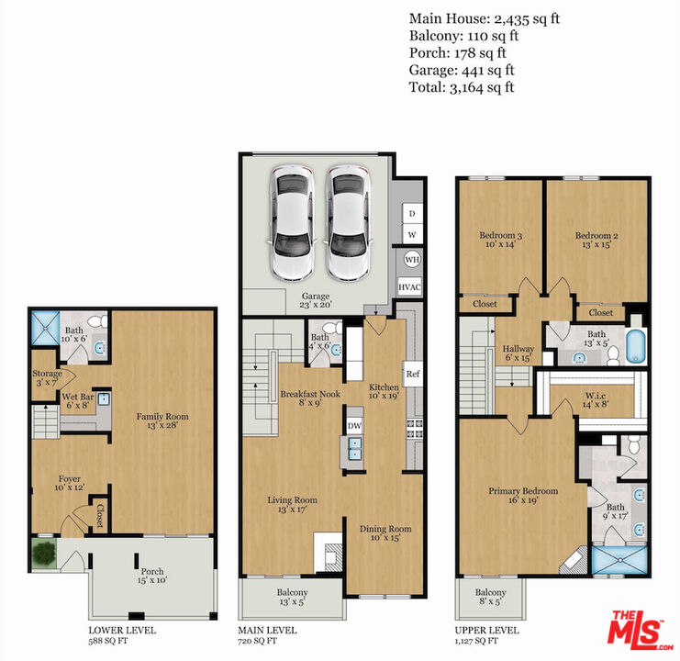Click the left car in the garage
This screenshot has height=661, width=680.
[293, 222]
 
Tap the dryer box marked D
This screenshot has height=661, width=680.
[412, 213]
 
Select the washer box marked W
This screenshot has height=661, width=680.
[412, 235]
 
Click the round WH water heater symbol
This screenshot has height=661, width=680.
[412, 260]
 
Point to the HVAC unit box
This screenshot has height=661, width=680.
[409, 286]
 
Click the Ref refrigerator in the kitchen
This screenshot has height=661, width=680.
[412, 374]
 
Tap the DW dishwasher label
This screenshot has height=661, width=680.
[354, 426]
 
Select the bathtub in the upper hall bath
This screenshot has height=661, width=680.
[636, 346]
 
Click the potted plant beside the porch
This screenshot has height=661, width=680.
[44, 553]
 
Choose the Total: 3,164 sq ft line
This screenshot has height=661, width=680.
[462, 87]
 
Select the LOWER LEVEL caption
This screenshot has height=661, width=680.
[122, 630]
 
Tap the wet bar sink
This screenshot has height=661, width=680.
[104, 398]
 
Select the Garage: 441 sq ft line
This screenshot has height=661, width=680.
[462, 70]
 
